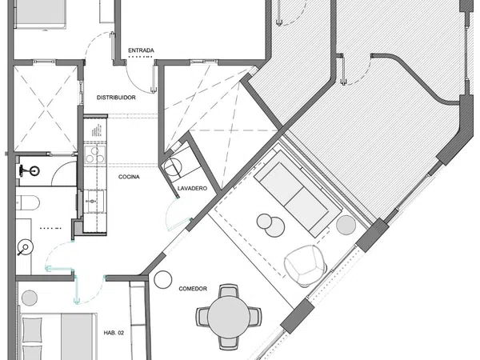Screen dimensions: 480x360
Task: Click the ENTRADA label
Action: [x=141, y=50]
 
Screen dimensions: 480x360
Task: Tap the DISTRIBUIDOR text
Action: [x=116, y=98]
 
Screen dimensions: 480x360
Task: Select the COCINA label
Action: [x=129, y=177]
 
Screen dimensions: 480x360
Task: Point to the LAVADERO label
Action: [x=192, y=189]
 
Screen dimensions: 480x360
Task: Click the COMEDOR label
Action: [x=193, y=289]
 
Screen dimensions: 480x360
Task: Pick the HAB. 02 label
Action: [x=114, y=333]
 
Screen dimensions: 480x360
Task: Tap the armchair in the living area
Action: [x=306, y=266]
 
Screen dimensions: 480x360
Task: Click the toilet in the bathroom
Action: [x=28, y=203]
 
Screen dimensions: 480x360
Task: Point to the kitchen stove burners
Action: [x=95, y=154]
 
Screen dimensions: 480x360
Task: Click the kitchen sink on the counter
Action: [x=94, y=201]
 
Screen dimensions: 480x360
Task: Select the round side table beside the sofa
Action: [x=346, y=225]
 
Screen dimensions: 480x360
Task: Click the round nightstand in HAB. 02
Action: [x=30, y=298]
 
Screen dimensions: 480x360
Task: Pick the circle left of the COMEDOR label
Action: [x=163, y=279]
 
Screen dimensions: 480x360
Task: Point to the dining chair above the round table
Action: [x=228, y=290]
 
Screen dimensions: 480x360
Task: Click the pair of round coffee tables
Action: [x=271, y=225]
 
